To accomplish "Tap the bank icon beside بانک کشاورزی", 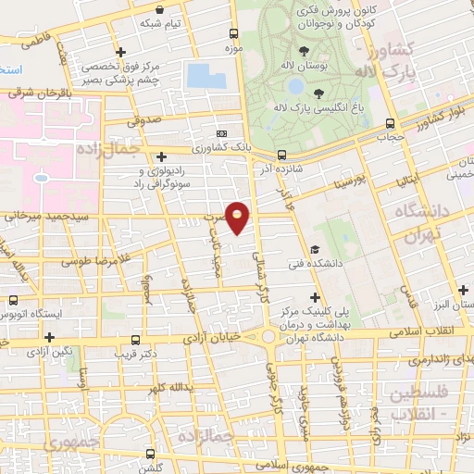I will pyautogui.click(x=221, y=133).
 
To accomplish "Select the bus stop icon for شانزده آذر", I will pyautogui.click(x=281, y=156).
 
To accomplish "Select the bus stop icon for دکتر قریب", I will pyautogui.click(x=137, y=339).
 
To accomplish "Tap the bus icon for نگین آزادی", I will pyautogui.click(x=13, y=339).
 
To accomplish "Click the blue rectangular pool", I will pyautogui.click(x=206, y=75).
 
